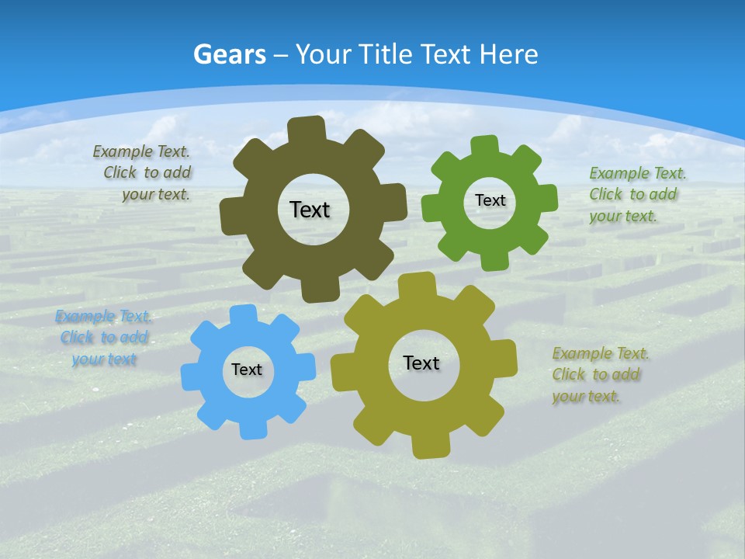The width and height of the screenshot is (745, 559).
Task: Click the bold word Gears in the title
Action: coord(230,55)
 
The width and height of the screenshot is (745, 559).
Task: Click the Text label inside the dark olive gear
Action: coord(310,210)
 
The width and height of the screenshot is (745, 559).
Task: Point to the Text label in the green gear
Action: coord(490,200)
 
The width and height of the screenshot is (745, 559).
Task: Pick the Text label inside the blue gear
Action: coord(247,370)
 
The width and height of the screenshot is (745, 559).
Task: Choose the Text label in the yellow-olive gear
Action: coord(421,363)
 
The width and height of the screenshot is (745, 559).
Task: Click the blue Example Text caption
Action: coord(103,338)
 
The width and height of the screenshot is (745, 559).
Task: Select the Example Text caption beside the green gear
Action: coord(636,195)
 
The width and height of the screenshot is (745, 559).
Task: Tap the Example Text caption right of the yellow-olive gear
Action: coord(599,375)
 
